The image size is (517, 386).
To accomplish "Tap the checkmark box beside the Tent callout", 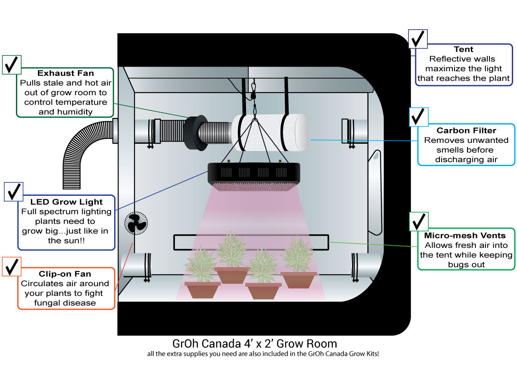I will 417,40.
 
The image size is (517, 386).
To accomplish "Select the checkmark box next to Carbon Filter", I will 418,117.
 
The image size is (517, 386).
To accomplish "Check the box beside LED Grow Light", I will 13,191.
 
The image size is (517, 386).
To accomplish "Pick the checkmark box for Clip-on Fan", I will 12,266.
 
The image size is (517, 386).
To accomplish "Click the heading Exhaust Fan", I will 65,73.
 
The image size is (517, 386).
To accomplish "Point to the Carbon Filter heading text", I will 466,130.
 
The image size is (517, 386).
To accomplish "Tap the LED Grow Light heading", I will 66,202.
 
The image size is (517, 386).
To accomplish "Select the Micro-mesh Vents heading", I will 464,235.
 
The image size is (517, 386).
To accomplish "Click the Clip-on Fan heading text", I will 65,274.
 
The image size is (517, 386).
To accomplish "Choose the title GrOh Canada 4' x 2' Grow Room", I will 254,344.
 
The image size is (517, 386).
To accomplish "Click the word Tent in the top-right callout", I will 464,49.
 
